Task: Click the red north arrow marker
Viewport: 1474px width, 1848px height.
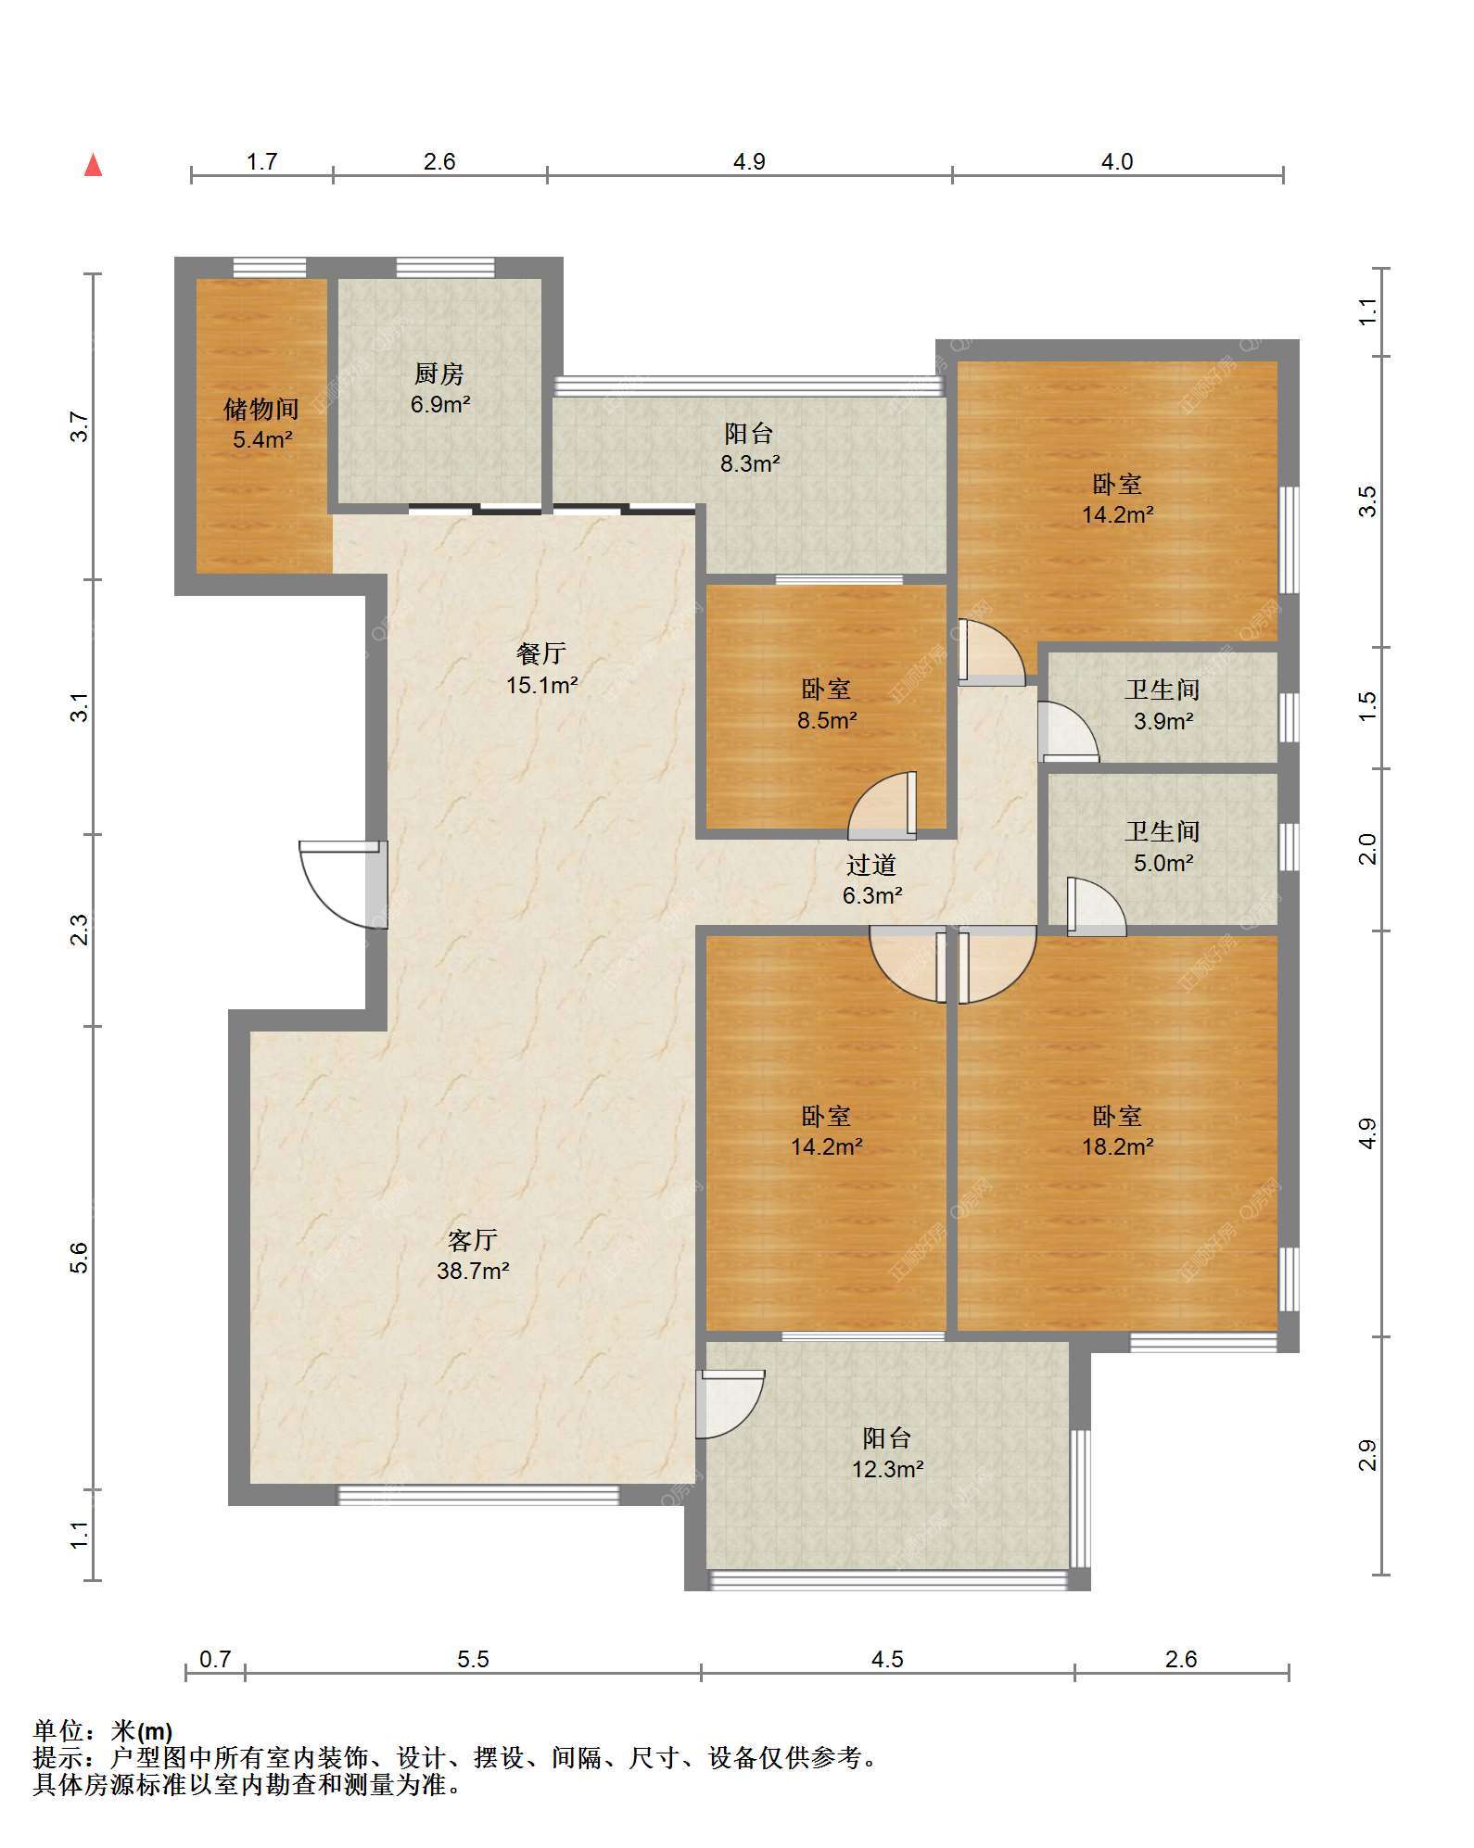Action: point(93,165)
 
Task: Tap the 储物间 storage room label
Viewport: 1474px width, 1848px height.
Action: point(261,409)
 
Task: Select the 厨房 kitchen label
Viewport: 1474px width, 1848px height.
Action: point(439,373)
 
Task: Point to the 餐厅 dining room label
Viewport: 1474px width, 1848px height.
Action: point(541,653)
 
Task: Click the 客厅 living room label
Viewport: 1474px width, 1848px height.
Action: point(473,1239)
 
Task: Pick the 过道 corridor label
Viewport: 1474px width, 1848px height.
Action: point(871,865)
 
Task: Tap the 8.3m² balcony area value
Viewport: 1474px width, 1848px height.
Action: point(750,463)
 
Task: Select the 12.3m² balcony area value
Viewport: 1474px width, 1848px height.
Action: point(887,1468)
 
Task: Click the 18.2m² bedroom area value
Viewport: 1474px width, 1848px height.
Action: point(1118,1146)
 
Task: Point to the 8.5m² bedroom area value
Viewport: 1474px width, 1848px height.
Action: point(827,720)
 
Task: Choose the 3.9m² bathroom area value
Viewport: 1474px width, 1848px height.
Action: point(1163,721)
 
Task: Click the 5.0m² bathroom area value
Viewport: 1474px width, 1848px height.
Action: point(1163,863)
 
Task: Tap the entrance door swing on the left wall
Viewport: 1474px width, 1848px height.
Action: point(339,884)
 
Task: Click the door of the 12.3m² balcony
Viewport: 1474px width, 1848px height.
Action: point(730,1404)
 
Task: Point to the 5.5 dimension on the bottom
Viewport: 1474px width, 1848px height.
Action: point(473,1659)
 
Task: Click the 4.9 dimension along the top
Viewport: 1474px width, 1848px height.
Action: point(749,162)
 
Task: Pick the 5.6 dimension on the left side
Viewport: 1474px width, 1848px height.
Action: point(80,1258)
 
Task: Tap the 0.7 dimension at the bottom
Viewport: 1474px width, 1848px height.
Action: point(215,1659)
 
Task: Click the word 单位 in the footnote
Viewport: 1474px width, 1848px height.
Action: point(59,1730)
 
